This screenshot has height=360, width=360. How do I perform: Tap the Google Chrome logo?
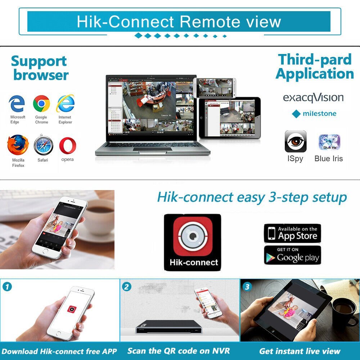[41, 104]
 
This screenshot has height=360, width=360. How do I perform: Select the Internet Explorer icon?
[65, 104]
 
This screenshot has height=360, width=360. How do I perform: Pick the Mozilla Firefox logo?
[18, 145]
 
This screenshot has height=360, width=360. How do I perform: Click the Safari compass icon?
[43, 146]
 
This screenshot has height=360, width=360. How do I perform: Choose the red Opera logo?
[68, 145]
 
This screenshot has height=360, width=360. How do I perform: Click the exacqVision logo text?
[313, 98]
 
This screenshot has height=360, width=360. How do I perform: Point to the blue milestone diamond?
[296, 114]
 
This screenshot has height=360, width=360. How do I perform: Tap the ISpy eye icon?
[296, 141]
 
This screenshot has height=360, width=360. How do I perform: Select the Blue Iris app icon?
[329, 142]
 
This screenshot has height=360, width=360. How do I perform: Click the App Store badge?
[292, 233]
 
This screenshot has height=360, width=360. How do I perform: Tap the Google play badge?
[292, 255]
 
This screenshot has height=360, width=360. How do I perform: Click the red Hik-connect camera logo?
[192, 236]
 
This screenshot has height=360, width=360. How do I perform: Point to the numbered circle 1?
[7, 287]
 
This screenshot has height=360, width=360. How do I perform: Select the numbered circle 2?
[127, 287]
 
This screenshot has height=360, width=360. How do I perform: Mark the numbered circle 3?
[247, 287]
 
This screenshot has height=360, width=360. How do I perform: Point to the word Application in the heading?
[315, 74]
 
